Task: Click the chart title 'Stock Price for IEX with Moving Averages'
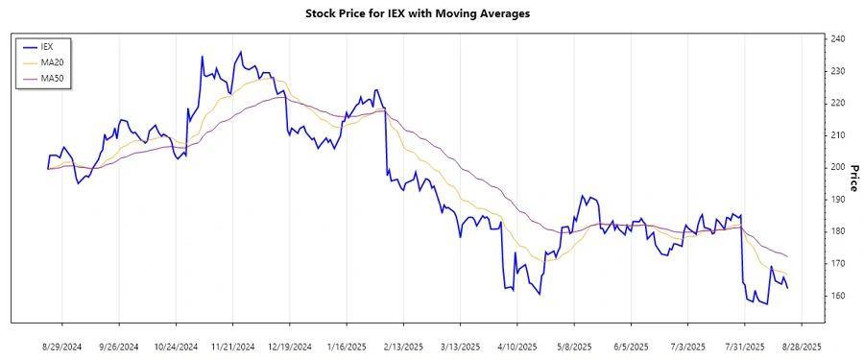431,13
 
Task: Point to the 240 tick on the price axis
837,38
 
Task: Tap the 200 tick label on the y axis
837,167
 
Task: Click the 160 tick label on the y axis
837,296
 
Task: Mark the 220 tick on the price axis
837,103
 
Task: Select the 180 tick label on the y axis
837,231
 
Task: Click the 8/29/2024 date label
62,346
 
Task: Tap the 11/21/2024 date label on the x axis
232,346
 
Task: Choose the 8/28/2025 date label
801,346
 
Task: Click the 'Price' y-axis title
853,177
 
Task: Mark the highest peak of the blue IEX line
240,52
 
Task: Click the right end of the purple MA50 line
788,256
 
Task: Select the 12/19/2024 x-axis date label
289,346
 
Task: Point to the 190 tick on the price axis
837,199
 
